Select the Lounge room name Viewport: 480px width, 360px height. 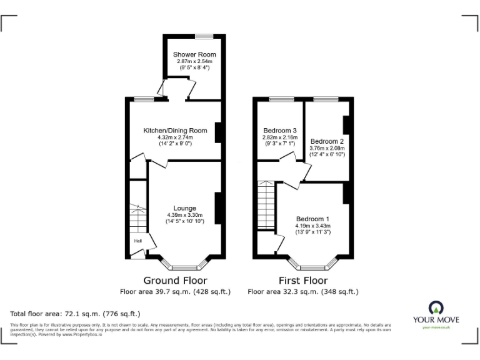[184, 208]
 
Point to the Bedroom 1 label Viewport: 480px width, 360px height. [312, 219]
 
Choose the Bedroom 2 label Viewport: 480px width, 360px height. [327, 141]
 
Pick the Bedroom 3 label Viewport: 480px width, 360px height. [280, 130]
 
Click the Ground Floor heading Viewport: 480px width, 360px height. [175, 281]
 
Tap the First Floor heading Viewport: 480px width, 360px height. [302, 281]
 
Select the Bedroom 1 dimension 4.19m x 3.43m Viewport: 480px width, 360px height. [313, 226]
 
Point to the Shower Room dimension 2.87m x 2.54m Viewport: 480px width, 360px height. [194, 61]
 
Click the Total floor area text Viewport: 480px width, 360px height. [76, 313]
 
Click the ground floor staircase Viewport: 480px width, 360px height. [137, 219]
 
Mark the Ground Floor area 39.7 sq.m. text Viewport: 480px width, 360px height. [175, 291]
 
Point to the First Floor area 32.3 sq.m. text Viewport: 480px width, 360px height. [302, 291]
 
